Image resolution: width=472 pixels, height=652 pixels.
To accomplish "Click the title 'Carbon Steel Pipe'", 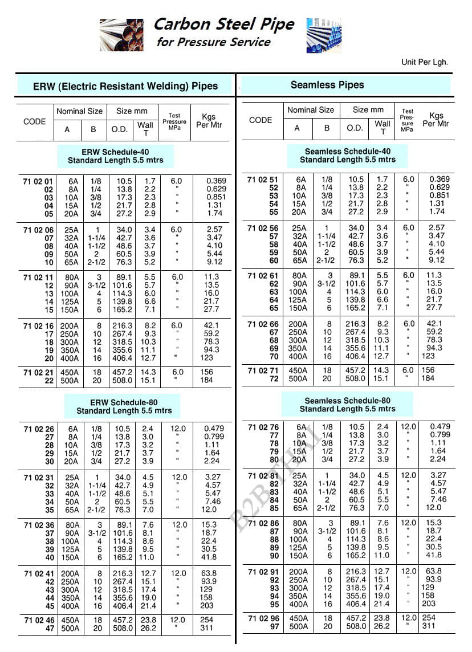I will tap(224, 24).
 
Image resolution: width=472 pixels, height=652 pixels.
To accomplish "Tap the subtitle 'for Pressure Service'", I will tap(213, 42).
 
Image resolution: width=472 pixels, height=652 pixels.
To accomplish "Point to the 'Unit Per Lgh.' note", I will tap(425, 62).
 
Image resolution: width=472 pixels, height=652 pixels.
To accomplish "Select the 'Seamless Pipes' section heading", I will tap(327, 85).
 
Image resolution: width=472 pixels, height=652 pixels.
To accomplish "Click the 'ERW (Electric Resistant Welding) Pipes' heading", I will tap(125, 87).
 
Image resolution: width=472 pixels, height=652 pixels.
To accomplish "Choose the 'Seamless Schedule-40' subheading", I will tap(348, 155).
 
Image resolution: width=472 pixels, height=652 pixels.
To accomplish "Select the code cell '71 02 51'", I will tap(263, 180).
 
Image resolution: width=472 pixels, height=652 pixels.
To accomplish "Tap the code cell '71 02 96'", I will tap(263, 618).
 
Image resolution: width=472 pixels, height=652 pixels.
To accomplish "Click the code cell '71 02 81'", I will tap(263, 476).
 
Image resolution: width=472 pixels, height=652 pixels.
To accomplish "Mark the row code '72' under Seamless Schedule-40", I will tap(274, 378).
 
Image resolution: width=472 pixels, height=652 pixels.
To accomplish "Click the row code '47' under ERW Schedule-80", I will tap(49, 628).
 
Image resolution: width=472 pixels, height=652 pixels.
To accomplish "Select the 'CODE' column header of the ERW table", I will tap(35, 121).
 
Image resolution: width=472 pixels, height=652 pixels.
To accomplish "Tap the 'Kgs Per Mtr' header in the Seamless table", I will tap(436, 120).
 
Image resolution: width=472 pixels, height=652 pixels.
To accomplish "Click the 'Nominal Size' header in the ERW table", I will tap(79, 111).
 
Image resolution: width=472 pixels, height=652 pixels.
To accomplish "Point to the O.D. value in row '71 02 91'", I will tap(356, 572).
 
